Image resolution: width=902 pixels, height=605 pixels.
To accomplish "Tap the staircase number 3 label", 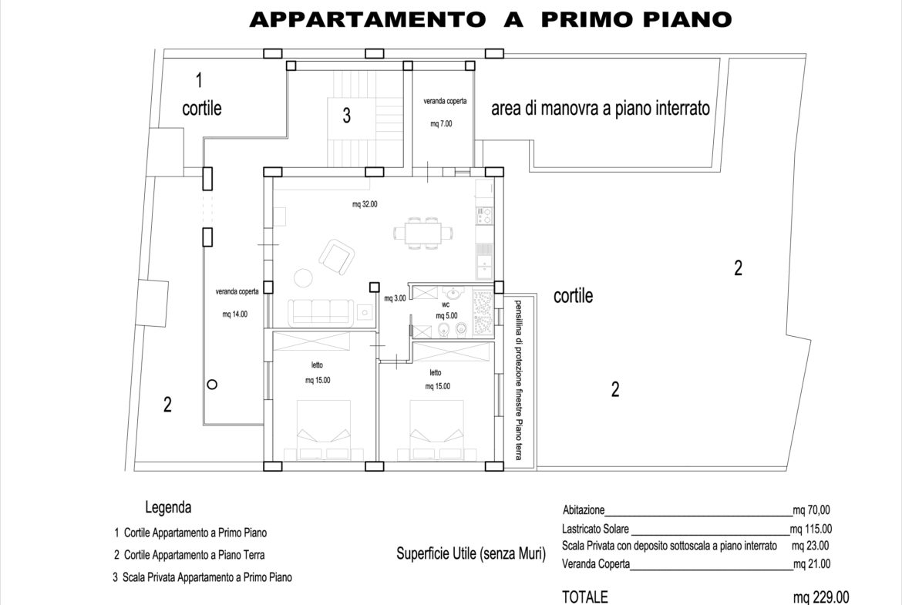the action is coord(346,116).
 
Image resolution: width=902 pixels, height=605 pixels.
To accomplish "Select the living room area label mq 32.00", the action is coord(365,204).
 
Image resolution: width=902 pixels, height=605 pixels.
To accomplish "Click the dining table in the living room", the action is coord(423,233).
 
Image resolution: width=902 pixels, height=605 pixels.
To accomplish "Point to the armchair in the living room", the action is coord(337,257).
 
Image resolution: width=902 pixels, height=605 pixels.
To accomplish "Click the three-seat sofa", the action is coord(321,311).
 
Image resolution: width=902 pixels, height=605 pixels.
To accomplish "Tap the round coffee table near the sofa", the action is coord(303,278).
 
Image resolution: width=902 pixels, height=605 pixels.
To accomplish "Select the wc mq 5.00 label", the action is coord(446,311).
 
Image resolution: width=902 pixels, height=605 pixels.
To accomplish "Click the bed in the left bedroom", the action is coord(323,429).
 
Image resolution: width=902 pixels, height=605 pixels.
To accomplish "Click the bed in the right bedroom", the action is coord(436,429).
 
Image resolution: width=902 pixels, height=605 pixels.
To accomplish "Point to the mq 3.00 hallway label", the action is coord(395,298).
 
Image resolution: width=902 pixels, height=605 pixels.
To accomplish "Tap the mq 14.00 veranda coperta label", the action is coord(234,314).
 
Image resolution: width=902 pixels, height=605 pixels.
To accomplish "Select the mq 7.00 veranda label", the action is coord(441,123).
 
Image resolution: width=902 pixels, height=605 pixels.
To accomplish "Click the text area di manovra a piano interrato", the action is coord(601,108).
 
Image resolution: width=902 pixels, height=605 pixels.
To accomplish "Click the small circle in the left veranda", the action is coord(212,385).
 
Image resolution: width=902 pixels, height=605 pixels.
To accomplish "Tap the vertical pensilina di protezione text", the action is coord(518,379).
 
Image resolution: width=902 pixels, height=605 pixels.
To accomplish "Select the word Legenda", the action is coord(168,507).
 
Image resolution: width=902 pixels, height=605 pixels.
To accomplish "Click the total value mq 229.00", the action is coord(821,597).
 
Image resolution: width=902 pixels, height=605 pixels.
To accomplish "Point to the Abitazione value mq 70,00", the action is coord(811,510).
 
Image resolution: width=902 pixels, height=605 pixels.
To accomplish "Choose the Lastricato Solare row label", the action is coord(595,529).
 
